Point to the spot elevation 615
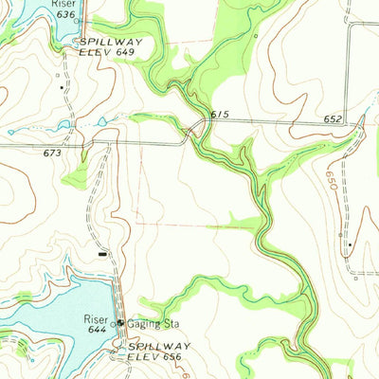tap(220, 115)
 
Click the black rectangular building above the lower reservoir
tap(102, 253)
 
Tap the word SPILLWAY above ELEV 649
tap(111, 43)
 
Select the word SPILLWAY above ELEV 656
tap(158, 347)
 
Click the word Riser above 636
tap(63, 4)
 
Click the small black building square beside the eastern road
tap(348, 245)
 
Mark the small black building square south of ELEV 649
tap(63, 87)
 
